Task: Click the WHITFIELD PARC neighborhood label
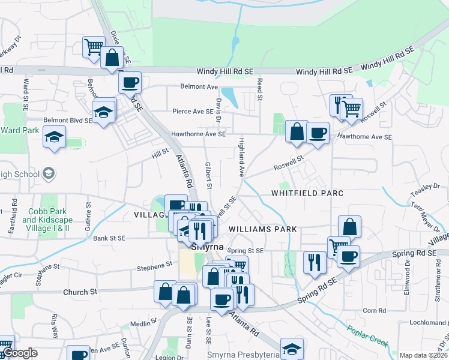coord(307,193)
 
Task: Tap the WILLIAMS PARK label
coord(262,229)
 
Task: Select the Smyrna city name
coord(207,247)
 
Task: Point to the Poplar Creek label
coord(367,337)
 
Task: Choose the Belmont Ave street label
coord(199,86)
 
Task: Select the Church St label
coord(80,292)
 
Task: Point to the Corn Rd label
coord(374,310)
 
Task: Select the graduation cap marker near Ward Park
coord(55,137)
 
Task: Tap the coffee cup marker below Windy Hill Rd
coord(129,83)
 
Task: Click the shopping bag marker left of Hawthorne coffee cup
coord(297,131)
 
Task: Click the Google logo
coord(20,353)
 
